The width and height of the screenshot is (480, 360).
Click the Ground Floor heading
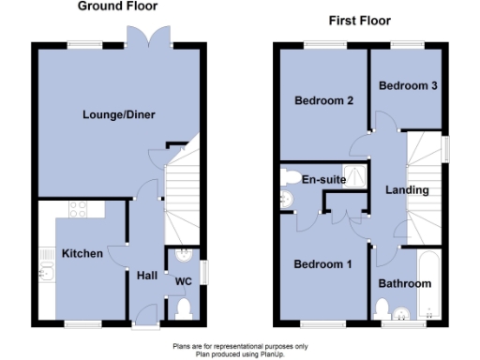point(117,7)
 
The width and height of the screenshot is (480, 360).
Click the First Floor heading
point(359,21)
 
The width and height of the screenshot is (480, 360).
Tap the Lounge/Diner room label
point(117,115)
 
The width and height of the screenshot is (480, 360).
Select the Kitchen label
point(82,254)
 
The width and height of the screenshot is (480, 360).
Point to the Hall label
point(147,276)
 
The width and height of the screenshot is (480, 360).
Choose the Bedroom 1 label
point(322,264)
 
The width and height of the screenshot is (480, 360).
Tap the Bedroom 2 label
point(322,101)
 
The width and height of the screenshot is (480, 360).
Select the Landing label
point(407,190)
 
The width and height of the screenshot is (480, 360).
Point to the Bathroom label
point(404,284)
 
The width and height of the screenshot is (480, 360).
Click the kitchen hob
point(78,210)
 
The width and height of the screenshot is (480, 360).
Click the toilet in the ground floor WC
point(184,308)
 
